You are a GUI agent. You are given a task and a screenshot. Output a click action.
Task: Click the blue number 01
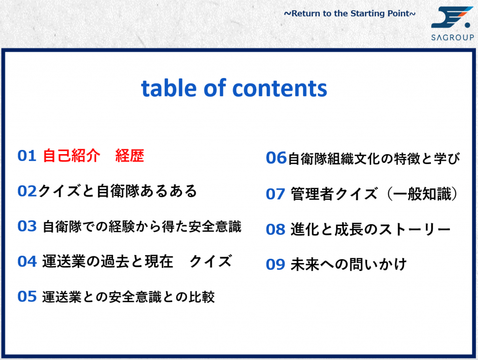27,156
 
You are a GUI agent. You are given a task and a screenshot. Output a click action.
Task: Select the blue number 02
27,191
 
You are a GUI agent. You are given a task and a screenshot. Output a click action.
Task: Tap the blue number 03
27,226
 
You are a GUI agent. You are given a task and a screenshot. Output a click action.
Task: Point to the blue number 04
27,261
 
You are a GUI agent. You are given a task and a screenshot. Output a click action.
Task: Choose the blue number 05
27,296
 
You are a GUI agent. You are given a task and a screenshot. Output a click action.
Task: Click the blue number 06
276,158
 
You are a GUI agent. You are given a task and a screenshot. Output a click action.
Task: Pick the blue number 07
275,194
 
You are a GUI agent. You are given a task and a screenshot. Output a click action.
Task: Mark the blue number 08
275,230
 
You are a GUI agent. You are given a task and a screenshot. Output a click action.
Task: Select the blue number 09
275,265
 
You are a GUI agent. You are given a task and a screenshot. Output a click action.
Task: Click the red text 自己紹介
71,156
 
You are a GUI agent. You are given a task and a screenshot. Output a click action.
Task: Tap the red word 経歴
130,156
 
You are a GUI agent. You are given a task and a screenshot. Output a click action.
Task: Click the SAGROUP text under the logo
453,37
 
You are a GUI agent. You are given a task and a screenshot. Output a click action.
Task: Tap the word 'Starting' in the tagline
368,14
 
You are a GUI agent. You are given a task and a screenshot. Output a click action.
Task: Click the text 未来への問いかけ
349,265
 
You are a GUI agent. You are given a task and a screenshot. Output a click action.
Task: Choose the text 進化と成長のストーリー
370,230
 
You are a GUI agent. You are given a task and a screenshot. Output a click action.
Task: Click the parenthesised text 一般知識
422,194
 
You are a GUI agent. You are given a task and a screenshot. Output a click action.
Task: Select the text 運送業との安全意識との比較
128,297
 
